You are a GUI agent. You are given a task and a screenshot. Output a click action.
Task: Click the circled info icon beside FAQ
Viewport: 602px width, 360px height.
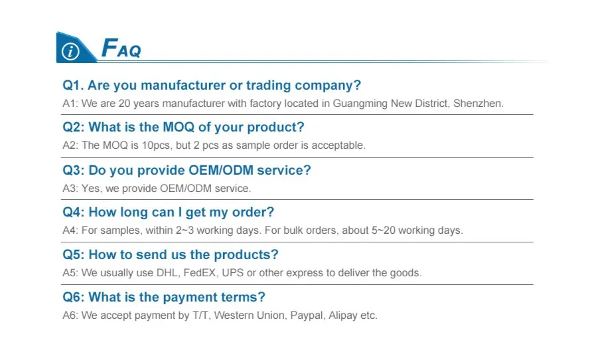70,52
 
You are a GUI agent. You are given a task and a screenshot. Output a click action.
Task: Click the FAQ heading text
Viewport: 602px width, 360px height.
121,48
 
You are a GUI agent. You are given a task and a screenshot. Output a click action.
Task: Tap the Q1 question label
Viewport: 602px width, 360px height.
73,85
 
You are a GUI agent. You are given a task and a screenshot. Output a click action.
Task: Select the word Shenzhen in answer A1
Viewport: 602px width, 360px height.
477,104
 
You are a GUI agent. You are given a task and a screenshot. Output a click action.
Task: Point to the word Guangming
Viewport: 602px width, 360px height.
360,104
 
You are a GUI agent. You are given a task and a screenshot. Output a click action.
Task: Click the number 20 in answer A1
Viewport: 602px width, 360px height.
124,104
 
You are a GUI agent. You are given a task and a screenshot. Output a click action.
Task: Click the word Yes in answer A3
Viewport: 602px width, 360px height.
90,189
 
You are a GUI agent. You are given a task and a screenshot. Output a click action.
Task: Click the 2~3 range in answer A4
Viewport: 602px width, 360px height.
185,230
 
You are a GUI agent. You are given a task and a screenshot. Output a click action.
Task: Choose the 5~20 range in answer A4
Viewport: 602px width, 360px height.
383,230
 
